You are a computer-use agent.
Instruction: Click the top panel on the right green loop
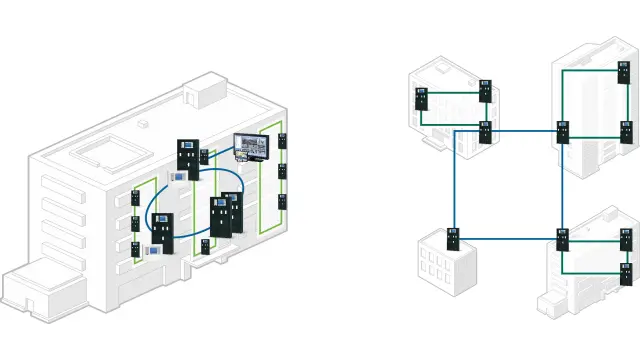283,140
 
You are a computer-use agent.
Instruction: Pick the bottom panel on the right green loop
283,202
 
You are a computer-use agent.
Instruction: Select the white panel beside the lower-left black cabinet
152,250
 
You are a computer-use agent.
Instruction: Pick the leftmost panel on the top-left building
422,100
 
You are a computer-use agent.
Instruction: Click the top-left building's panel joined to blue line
485,130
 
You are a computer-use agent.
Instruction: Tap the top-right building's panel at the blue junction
562,131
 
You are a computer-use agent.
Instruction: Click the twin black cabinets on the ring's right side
224,214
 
